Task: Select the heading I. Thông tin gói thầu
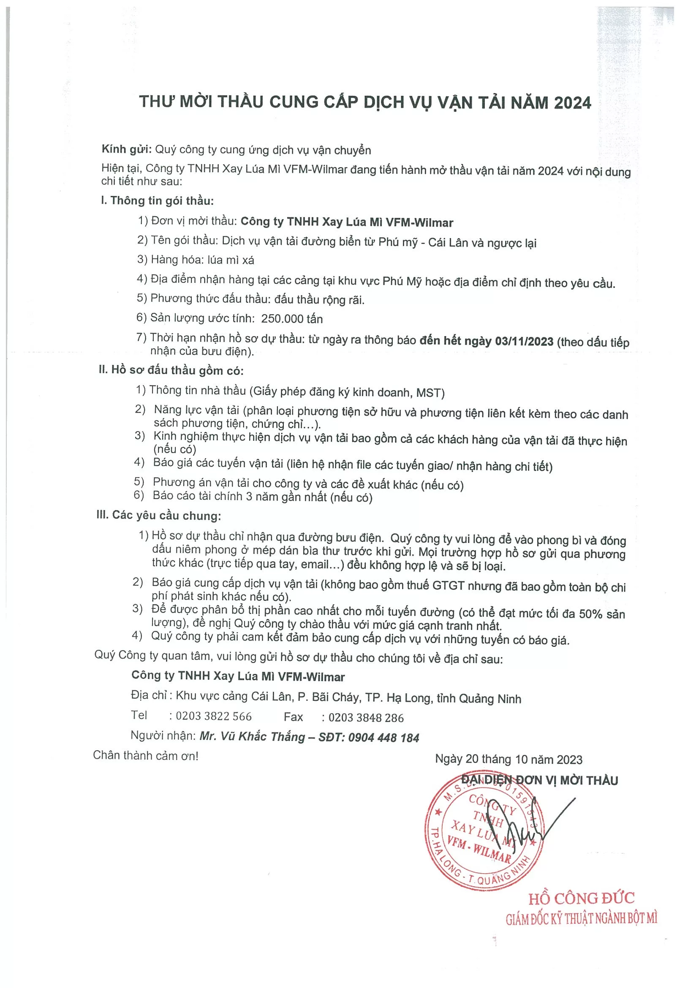[157, 201]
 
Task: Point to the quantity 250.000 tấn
[292, 318]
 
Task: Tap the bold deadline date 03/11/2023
[524, 341]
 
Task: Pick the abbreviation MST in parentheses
[428, 392]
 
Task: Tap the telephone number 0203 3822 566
[213, 716]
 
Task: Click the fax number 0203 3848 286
[366, 717]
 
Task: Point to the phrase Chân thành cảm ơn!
[145, 756]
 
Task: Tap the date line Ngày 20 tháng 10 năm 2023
[509, 759]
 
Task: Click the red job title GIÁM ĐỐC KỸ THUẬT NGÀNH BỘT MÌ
[581, 919]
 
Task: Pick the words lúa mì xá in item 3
[231, 260]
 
